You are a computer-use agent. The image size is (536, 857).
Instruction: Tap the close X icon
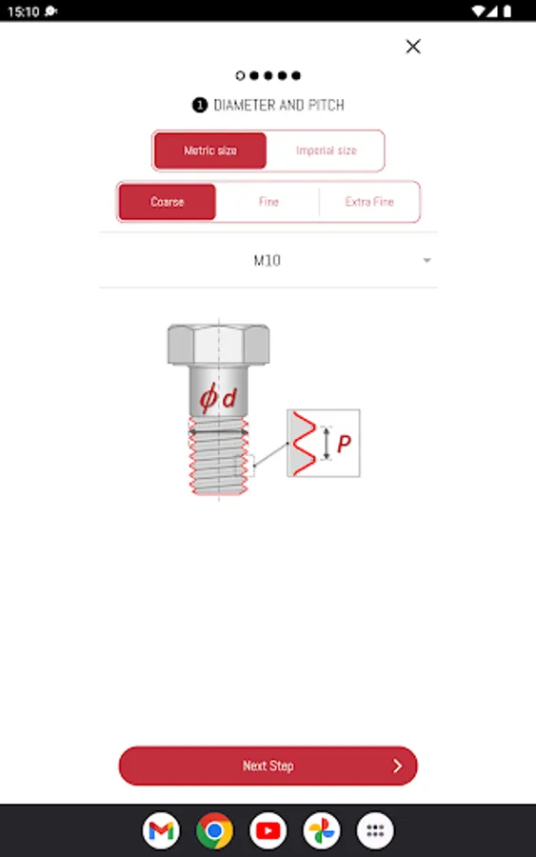[413, 47]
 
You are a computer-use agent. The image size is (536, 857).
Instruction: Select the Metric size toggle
[210, 150]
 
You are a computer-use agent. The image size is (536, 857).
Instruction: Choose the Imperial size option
[327, 150]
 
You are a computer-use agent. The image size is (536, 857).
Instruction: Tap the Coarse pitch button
[168, 202]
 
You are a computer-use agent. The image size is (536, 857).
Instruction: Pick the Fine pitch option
[268, 202]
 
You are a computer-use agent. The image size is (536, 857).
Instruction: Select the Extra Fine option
[369, 202]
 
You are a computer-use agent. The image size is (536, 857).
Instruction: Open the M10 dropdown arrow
[427, 260]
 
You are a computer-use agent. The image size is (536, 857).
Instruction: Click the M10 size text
[268, 260]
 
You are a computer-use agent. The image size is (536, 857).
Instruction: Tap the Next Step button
[268, 766]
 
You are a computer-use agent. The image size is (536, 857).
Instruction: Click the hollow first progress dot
[240, 75]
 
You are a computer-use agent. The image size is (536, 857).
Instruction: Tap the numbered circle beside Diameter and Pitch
[199, 105]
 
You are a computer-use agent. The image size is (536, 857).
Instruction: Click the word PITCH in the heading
[327, 105]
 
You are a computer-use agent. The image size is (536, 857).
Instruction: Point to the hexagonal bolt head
[219, 345]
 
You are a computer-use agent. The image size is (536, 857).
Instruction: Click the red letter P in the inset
[344, 443]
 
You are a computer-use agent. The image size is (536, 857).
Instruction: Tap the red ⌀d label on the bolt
[217, 397]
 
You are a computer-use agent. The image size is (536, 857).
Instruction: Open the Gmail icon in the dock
[161, 830]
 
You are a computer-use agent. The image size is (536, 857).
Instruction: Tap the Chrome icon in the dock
[214, 830]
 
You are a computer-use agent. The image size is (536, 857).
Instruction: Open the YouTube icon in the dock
[268, 830]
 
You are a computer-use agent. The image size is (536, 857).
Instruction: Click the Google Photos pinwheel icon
[321, 830]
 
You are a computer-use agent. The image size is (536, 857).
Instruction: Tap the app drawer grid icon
[375, 830]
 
